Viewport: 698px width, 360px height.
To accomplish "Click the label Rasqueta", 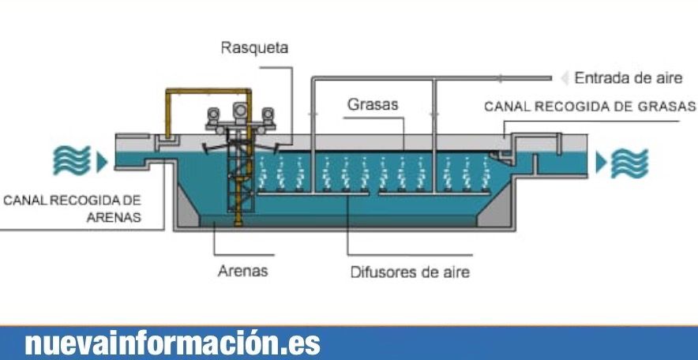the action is (254, 48).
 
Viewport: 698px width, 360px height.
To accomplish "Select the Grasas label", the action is (373, 104).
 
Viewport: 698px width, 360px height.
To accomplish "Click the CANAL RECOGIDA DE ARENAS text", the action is (72, 208).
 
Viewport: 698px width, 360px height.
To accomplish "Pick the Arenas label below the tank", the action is (242, 272).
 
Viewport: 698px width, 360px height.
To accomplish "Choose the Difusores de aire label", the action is (410, 273).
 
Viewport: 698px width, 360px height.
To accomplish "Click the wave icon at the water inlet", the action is (69, 162).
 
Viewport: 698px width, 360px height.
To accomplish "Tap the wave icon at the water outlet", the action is (632, 163).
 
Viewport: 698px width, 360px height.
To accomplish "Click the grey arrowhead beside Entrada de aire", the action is (564, 78).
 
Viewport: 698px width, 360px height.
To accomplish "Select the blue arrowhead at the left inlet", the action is (100, 163).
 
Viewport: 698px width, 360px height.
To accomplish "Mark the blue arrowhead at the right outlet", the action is (602, 163).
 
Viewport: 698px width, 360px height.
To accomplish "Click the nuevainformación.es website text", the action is (173, 344).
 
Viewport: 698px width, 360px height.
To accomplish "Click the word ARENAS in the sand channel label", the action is (114, 217).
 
